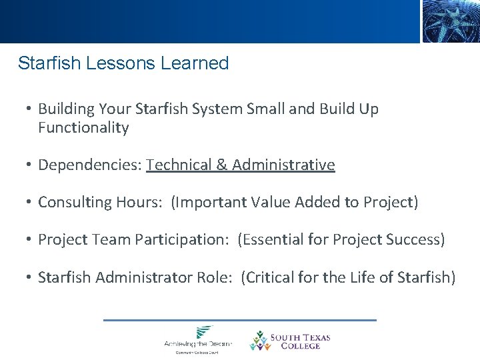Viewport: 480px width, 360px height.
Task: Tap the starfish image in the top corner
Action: (451, 21)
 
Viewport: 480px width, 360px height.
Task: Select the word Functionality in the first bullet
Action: (83, 128)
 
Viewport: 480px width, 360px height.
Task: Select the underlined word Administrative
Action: (283, 165)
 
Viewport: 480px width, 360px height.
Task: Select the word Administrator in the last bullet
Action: (139, 277)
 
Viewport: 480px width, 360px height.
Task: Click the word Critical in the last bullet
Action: (268, 277)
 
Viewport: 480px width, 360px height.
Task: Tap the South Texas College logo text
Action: (300, 341)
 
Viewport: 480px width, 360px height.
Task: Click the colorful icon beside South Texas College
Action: (259, 341)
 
